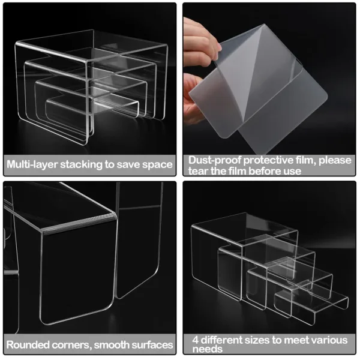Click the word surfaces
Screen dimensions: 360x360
click(x=154, y=345)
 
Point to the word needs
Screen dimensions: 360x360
click(x=205, y=350)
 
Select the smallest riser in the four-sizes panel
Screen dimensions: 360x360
click(x=312, y=303)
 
